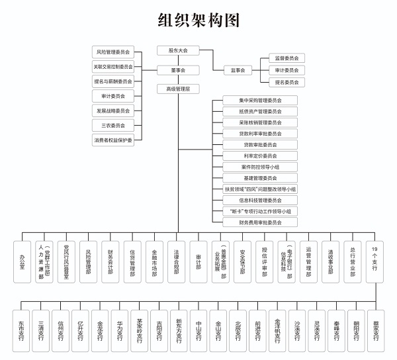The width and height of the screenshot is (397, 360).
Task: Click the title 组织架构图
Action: point(198,21)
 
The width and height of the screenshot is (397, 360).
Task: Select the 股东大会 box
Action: point(178,50)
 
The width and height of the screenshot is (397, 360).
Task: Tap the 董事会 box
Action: point(178,69)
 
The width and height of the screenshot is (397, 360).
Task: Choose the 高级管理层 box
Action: point(178,89)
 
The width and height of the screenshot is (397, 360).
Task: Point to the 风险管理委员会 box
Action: point(113,52)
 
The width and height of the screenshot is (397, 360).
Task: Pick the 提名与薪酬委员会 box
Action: point(113,81)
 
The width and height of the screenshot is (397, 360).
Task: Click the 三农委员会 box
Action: point(113,125)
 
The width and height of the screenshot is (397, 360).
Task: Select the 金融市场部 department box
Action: point(153,262)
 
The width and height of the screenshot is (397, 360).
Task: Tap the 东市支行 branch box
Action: point(22,330)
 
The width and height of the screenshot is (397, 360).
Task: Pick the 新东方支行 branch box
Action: point(179,330)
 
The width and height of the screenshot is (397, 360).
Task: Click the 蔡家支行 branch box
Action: point(375,330)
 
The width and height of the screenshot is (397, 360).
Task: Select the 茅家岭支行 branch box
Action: point(139,330)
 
